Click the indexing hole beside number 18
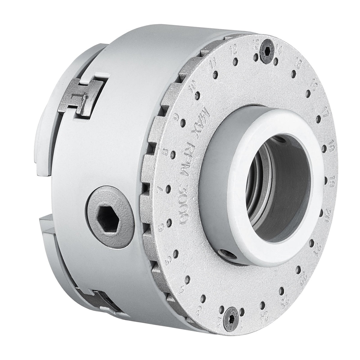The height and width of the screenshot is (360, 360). click(x=325, y=147)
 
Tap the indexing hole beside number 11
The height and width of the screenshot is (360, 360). click(x=215, y=73)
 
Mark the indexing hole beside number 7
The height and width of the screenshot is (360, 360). click(x=169, y=189)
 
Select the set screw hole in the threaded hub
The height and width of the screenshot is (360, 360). click(x=226, y=254)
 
